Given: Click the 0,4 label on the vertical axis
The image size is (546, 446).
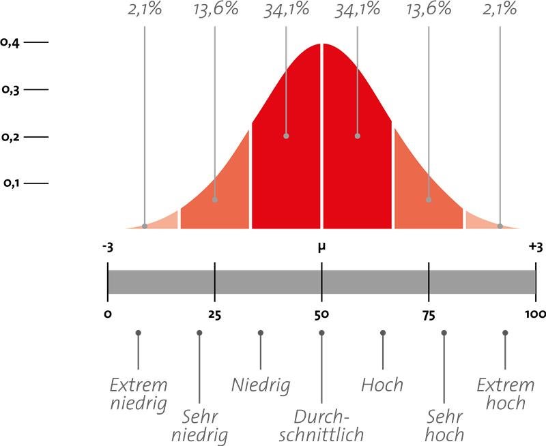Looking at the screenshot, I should click(10, 42).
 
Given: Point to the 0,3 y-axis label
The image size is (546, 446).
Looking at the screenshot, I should click(10, 89).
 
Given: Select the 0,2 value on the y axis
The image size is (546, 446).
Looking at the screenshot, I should click(10, 137).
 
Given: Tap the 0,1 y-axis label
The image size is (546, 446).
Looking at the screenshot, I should click(12, 183).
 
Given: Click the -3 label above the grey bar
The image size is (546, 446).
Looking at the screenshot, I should click(107, 248).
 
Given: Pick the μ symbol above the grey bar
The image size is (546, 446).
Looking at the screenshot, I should click(321, 248).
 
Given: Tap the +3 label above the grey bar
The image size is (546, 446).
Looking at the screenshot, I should click(536, 248).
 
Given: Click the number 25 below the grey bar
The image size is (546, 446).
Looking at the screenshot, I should click(214, 314).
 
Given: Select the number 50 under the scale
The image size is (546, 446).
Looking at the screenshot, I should click(321, 314).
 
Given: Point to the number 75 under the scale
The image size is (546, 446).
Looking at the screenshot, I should click(429, 314).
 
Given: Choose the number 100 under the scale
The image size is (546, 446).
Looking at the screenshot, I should click(536, 314).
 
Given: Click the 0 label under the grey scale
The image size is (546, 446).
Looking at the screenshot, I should click(107, 314).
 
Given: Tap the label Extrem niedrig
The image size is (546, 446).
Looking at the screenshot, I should click(138, 393).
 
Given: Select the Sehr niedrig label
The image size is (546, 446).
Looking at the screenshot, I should click(199, 425).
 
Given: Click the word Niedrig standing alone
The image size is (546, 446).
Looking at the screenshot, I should click(261, 385).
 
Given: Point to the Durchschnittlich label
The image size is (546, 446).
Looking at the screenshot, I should click(321, 425).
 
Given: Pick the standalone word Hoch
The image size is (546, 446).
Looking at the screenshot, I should click(382, 385).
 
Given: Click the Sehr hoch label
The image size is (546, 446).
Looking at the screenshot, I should click(444, 425).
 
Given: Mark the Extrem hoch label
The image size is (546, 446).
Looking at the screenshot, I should click(504, 393).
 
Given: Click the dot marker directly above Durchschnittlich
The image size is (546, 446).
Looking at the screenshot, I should click(321, 333).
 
